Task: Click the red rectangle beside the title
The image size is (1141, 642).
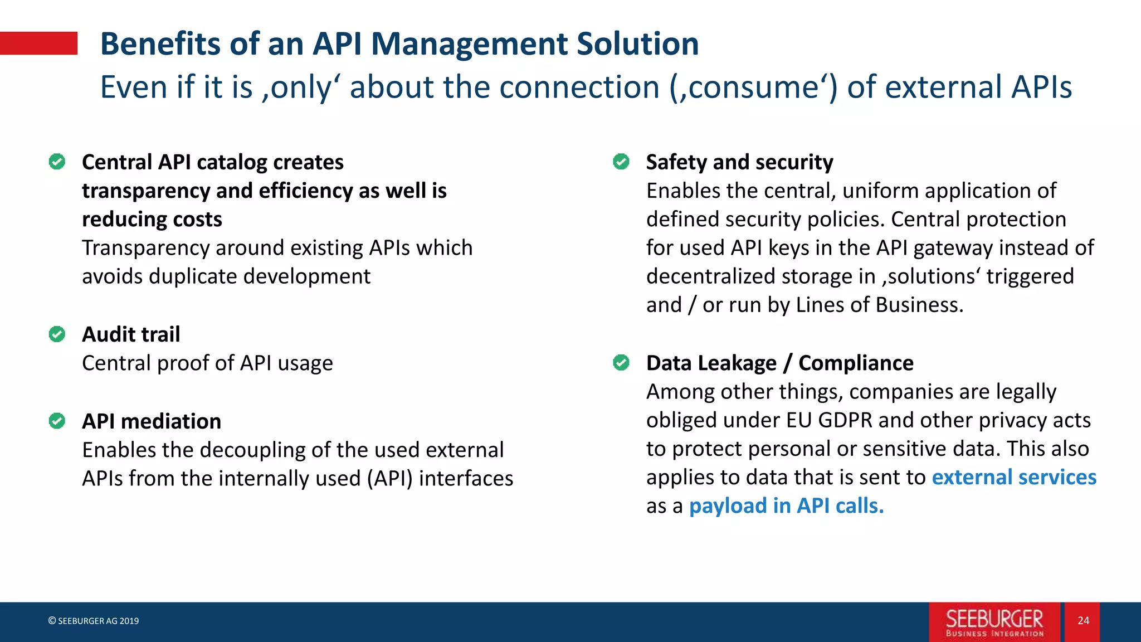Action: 38,43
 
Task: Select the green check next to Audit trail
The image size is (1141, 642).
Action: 57,334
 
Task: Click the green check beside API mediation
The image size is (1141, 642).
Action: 57,421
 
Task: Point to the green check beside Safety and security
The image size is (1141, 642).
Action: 621,162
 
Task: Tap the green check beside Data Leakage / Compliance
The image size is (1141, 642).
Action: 621,363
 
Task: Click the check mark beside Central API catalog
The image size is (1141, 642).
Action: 57,162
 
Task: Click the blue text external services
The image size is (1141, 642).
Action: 1014,478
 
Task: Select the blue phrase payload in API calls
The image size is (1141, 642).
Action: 786,506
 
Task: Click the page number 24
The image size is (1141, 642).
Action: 1083,621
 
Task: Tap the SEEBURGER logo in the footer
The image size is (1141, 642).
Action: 994,622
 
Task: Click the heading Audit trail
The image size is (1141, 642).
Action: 131,334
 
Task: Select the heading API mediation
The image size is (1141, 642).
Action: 152,421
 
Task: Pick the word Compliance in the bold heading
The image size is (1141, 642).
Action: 856,363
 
